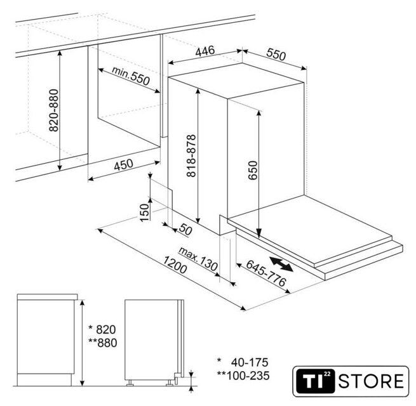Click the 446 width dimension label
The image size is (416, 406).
point(205,51)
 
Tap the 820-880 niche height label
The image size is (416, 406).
point(54,110)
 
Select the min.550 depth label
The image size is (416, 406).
point(131,75)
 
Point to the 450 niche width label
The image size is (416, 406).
point(123,164)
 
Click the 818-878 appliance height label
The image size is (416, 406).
point(191,156)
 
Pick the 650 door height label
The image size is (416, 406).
point(253,170)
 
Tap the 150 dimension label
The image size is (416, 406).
point(145,213)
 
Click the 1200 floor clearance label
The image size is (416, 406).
point(175,265)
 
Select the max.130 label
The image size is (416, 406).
point(198,258)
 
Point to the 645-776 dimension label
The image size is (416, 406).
point(266,273)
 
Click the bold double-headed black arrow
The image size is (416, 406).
point(281,264)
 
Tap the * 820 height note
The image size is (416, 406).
point(102,330)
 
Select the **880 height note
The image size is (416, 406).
point(103,343)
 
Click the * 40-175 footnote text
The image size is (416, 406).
point(243,362)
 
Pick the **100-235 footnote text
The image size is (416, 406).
point(243,376)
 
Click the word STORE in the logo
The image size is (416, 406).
point(371,381)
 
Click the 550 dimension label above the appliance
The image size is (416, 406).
point(276,55)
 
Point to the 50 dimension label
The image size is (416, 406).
point(185,230)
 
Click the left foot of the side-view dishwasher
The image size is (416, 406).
point(130,383)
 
